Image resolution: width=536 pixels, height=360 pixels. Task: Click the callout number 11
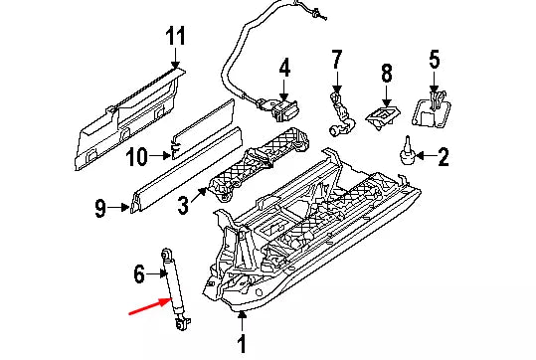pyautogui.click(x=175, y=36)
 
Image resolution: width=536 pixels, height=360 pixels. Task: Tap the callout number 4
pyautogui.click(x=284, y=68)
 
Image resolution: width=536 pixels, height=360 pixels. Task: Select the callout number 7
pyautogui.click(x=337, y=60)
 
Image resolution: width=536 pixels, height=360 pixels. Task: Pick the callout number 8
pyautogui.click(x=386, y=74)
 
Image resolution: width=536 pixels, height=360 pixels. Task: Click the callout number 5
pyautogui.click(x=435, y=59)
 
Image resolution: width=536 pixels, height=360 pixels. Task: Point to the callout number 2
pyautogui.click(x=444, y=157)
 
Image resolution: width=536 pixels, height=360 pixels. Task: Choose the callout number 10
pyautogui.click(x=136, y=157)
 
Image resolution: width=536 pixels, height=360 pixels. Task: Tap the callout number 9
pyautogui.click(x=99, y=209)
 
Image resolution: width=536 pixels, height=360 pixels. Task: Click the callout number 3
pyautogui.click(x=183, y=206)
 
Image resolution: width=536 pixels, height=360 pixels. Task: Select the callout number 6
pyautogui.click(x=139, y=274)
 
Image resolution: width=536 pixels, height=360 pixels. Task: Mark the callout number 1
pyautogui.click(x=242, y=344)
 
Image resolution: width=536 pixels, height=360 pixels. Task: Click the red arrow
pyautogui.click(x=150, y=305)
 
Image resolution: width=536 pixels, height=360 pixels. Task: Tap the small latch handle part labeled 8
pyautogui.click(x=383, y=117)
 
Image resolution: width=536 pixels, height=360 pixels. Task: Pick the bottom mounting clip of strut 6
pyautogui.click(x=183, y=324)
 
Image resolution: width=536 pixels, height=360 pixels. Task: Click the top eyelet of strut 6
pyautogui.click(x=166, y=254)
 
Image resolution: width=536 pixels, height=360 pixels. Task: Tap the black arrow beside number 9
pyautogui.click(x=118, y=207)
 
